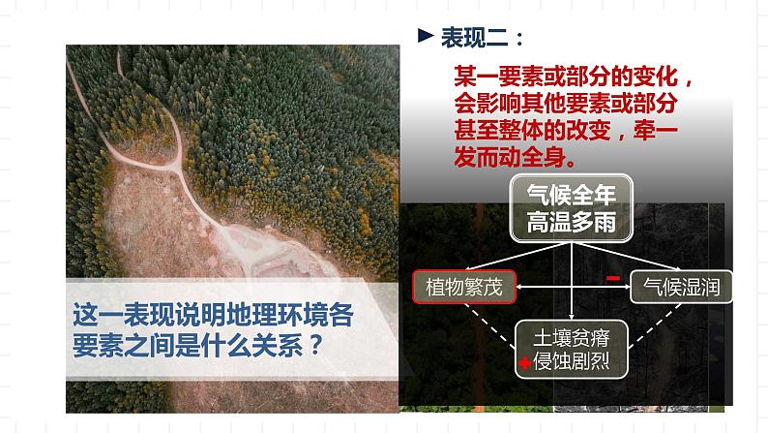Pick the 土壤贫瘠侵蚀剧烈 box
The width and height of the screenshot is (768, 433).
(x=572, y=349)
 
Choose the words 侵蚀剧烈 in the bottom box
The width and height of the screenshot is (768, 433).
(x=577, y=363)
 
